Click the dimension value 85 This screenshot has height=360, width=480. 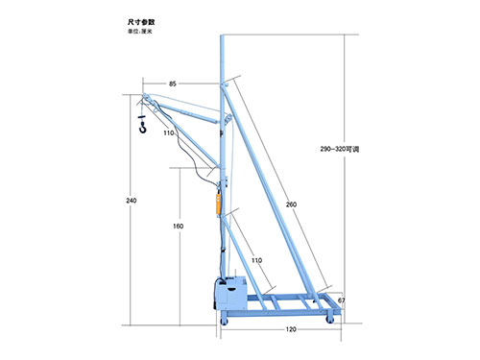173,84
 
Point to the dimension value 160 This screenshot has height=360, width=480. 177,226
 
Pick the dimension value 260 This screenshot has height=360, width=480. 291,204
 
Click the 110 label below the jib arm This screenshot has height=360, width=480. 168,132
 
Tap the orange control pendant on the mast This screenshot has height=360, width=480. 217,204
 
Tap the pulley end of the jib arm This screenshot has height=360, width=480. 143,98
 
